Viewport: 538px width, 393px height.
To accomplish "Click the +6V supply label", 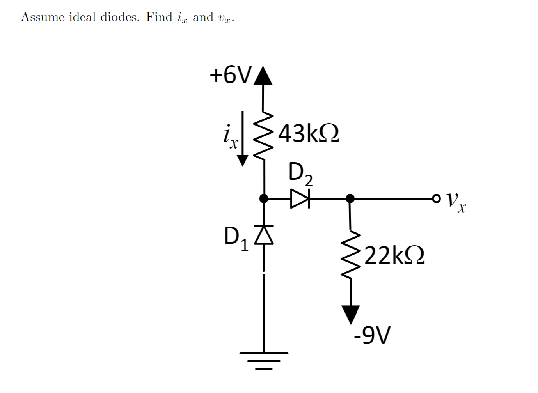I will [x=231, y=75].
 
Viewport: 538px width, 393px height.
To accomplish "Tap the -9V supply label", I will [x=372, y=335].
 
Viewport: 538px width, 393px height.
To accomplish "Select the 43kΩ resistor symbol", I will [x=263, y=135].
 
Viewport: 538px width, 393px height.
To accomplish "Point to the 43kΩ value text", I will [x=308, y=133].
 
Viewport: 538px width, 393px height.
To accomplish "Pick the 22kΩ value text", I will [x=394, y=255].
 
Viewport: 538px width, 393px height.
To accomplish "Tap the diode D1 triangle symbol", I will [x=264, y=235].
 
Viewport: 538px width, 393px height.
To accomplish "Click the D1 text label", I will [x=236, y=238].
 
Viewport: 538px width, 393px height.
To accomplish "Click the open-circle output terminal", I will [x=436, y=198].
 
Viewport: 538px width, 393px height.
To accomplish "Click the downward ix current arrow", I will [x=243, y=138].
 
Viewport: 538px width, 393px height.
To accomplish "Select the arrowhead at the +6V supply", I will [x=263, y=76].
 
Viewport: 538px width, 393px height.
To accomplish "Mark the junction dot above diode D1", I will [x=264, y=198].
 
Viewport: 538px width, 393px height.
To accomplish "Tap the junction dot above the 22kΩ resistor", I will [x=350, y=198].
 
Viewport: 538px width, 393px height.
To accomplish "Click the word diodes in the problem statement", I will [x=119, y=17].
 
